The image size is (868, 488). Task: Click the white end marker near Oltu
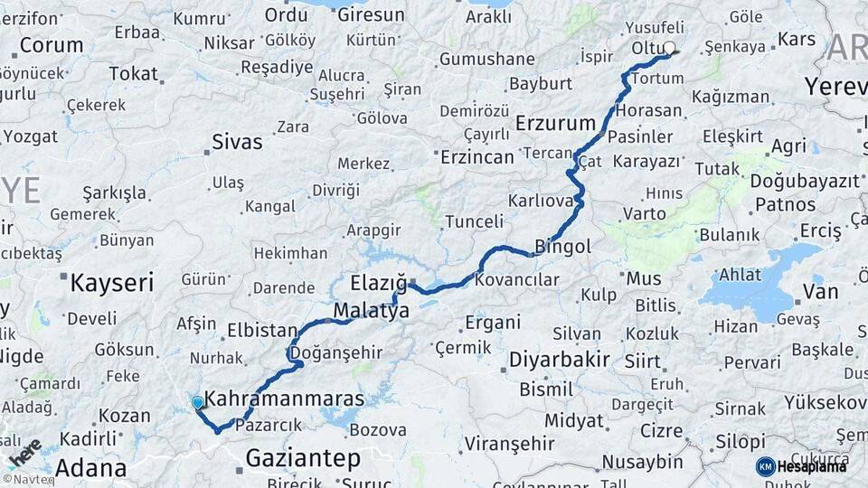[x=669, y=49]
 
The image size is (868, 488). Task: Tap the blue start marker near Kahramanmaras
[x=197, y=402]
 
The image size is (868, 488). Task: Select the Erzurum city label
[x=555, y=123]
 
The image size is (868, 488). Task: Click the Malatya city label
[x=371, y=310]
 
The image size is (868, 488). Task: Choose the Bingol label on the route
[x=562, y=246]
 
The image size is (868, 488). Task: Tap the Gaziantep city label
[x=302, y=458]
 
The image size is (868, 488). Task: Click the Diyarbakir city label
[x=559, y=359]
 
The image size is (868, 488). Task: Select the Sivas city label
[x=237, y=142]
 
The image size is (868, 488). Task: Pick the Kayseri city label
[x=111, y=283]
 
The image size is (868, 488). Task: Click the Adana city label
[x=90, y=468]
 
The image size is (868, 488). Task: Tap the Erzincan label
[x=476, y=156]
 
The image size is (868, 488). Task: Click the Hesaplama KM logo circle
[x=765, y=466]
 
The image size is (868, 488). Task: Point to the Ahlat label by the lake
[x=740, y=275]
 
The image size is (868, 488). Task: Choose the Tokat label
[x=133, y=74]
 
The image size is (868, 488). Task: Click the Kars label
[x=796, y=40]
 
